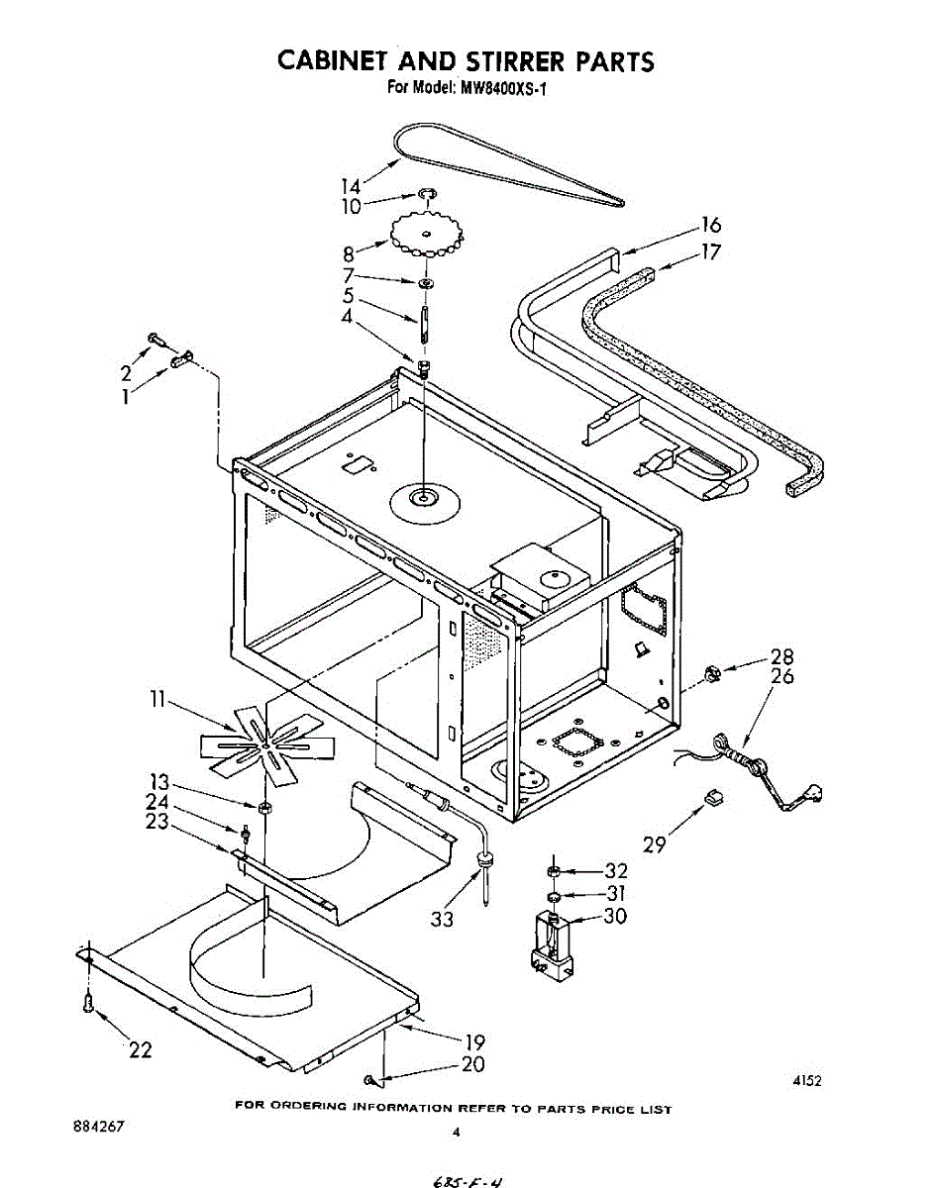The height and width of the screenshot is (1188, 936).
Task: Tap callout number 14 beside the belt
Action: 351,185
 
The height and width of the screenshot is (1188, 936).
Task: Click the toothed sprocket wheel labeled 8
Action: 427,235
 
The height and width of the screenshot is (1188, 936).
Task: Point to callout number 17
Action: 710,251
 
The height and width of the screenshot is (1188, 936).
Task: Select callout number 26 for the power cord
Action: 782,677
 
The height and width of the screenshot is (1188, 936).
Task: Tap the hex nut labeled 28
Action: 709,674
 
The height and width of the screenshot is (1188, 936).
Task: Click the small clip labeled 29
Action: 711,798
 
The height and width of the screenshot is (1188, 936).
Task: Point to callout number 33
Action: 442,920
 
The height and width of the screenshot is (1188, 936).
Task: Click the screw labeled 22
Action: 89,1004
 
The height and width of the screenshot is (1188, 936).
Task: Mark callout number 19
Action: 474,1040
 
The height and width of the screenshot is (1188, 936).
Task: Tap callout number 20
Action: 474,1064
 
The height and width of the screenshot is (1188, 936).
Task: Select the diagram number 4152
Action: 806,1081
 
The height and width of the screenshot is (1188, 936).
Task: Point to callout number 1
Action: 126,396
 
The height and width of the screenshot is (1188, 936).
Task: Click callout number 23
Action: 156,821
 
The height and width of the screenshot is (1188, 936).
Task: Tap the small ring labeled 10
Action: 426,192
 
